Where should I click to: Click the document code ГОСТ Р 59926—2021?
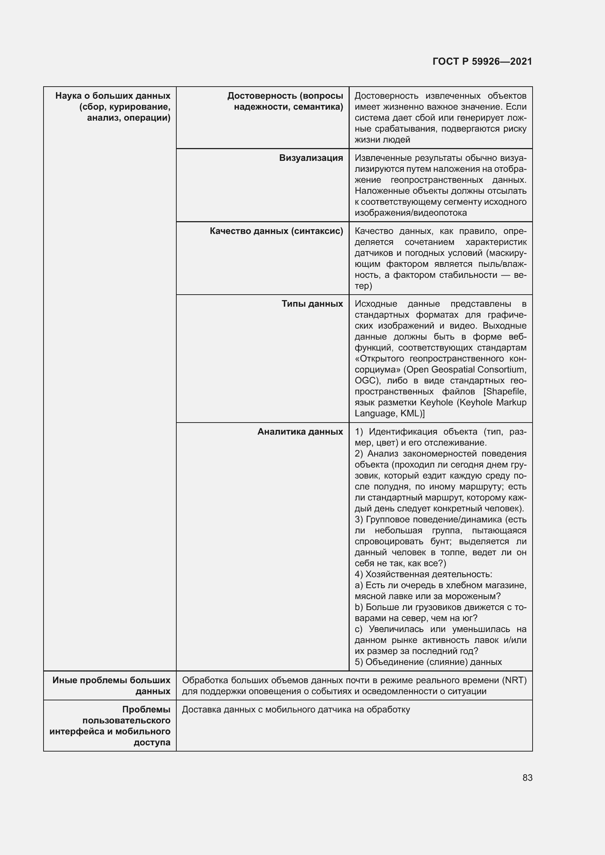tap(482, 61)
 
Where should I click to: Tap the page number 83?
tap(527, 778)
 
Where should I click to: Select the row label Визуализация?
tap(311, 158)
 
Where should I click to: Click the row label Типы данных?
tap(312, 303)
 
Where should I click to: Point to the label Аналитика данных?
tap(300, 432)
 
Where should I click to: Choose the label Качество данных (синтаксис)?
tap(276, 231)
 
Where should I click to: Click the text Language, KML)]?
tap(389, 413)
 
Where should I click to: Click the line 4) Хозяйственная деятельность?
tap(423, 574)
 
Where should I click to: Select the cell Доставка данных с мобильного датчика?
tap(296, 710)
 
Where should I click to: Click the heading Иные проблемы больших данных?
tap(112, 685)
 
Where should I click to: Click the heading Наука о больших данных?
tap(113, 96)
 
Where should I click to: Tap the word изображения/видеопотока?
tap(410, 213)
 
